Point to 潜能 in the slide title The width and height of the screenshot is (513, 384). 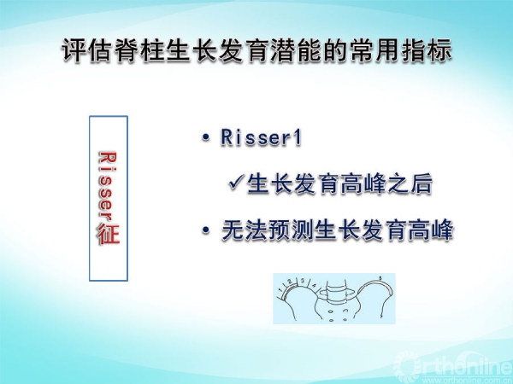click(x=296, y=50)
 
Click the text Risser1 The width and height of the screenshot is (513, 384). click(x=261, y=137)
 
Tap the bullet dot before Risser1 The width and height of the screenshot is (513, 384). click(x=205, y=137)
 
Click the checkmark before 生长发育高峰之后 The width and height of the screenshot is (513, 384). click(x=236, y=183)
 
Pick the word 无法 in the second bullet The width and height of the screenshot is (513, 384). click(x=244, y=230)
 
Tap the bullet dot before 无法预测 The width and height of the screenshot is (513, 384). click(x=205, y=230)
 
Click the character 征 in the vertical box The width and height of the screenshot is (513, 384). click(x=109, y=233)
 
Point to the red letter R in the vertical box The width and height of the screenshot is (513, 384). click(x=109, y=158)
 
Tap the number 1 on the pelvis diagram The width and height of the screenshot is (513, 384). click(x=280, y=289)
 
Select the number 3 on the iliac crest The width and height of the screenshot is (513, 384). click(x=303, y=281)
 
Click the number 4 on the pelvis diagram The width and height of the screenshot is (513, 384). click(x=314, y=286)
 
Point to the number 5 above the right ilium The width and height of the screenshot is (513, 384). click(x=380, y=278)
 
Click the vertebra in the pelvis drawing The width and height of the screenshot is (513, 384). click(x=338, y=288)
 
